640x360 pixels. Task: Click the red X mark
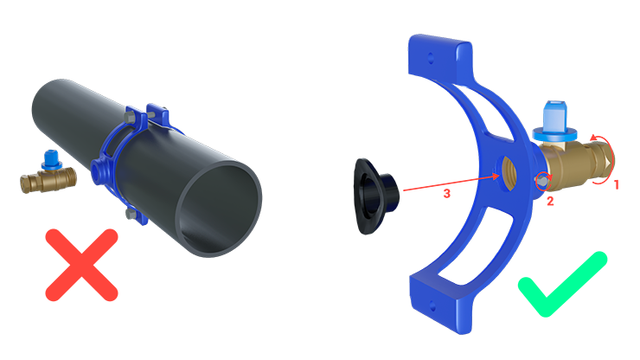click(81, 265)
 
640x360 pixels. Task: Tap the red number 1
click(617, 184)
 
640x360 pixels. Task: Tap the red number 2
click(550, 201)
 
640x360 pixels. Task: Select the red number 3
click(447, 193)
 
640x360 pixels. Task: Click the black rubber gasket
click(374, 197)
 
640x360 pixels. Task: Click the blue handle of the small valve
click(51, 160)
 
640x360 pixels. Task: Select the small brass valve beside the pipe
click(48, 173)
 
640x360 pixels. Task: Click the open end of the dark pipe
click(221, 209)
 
